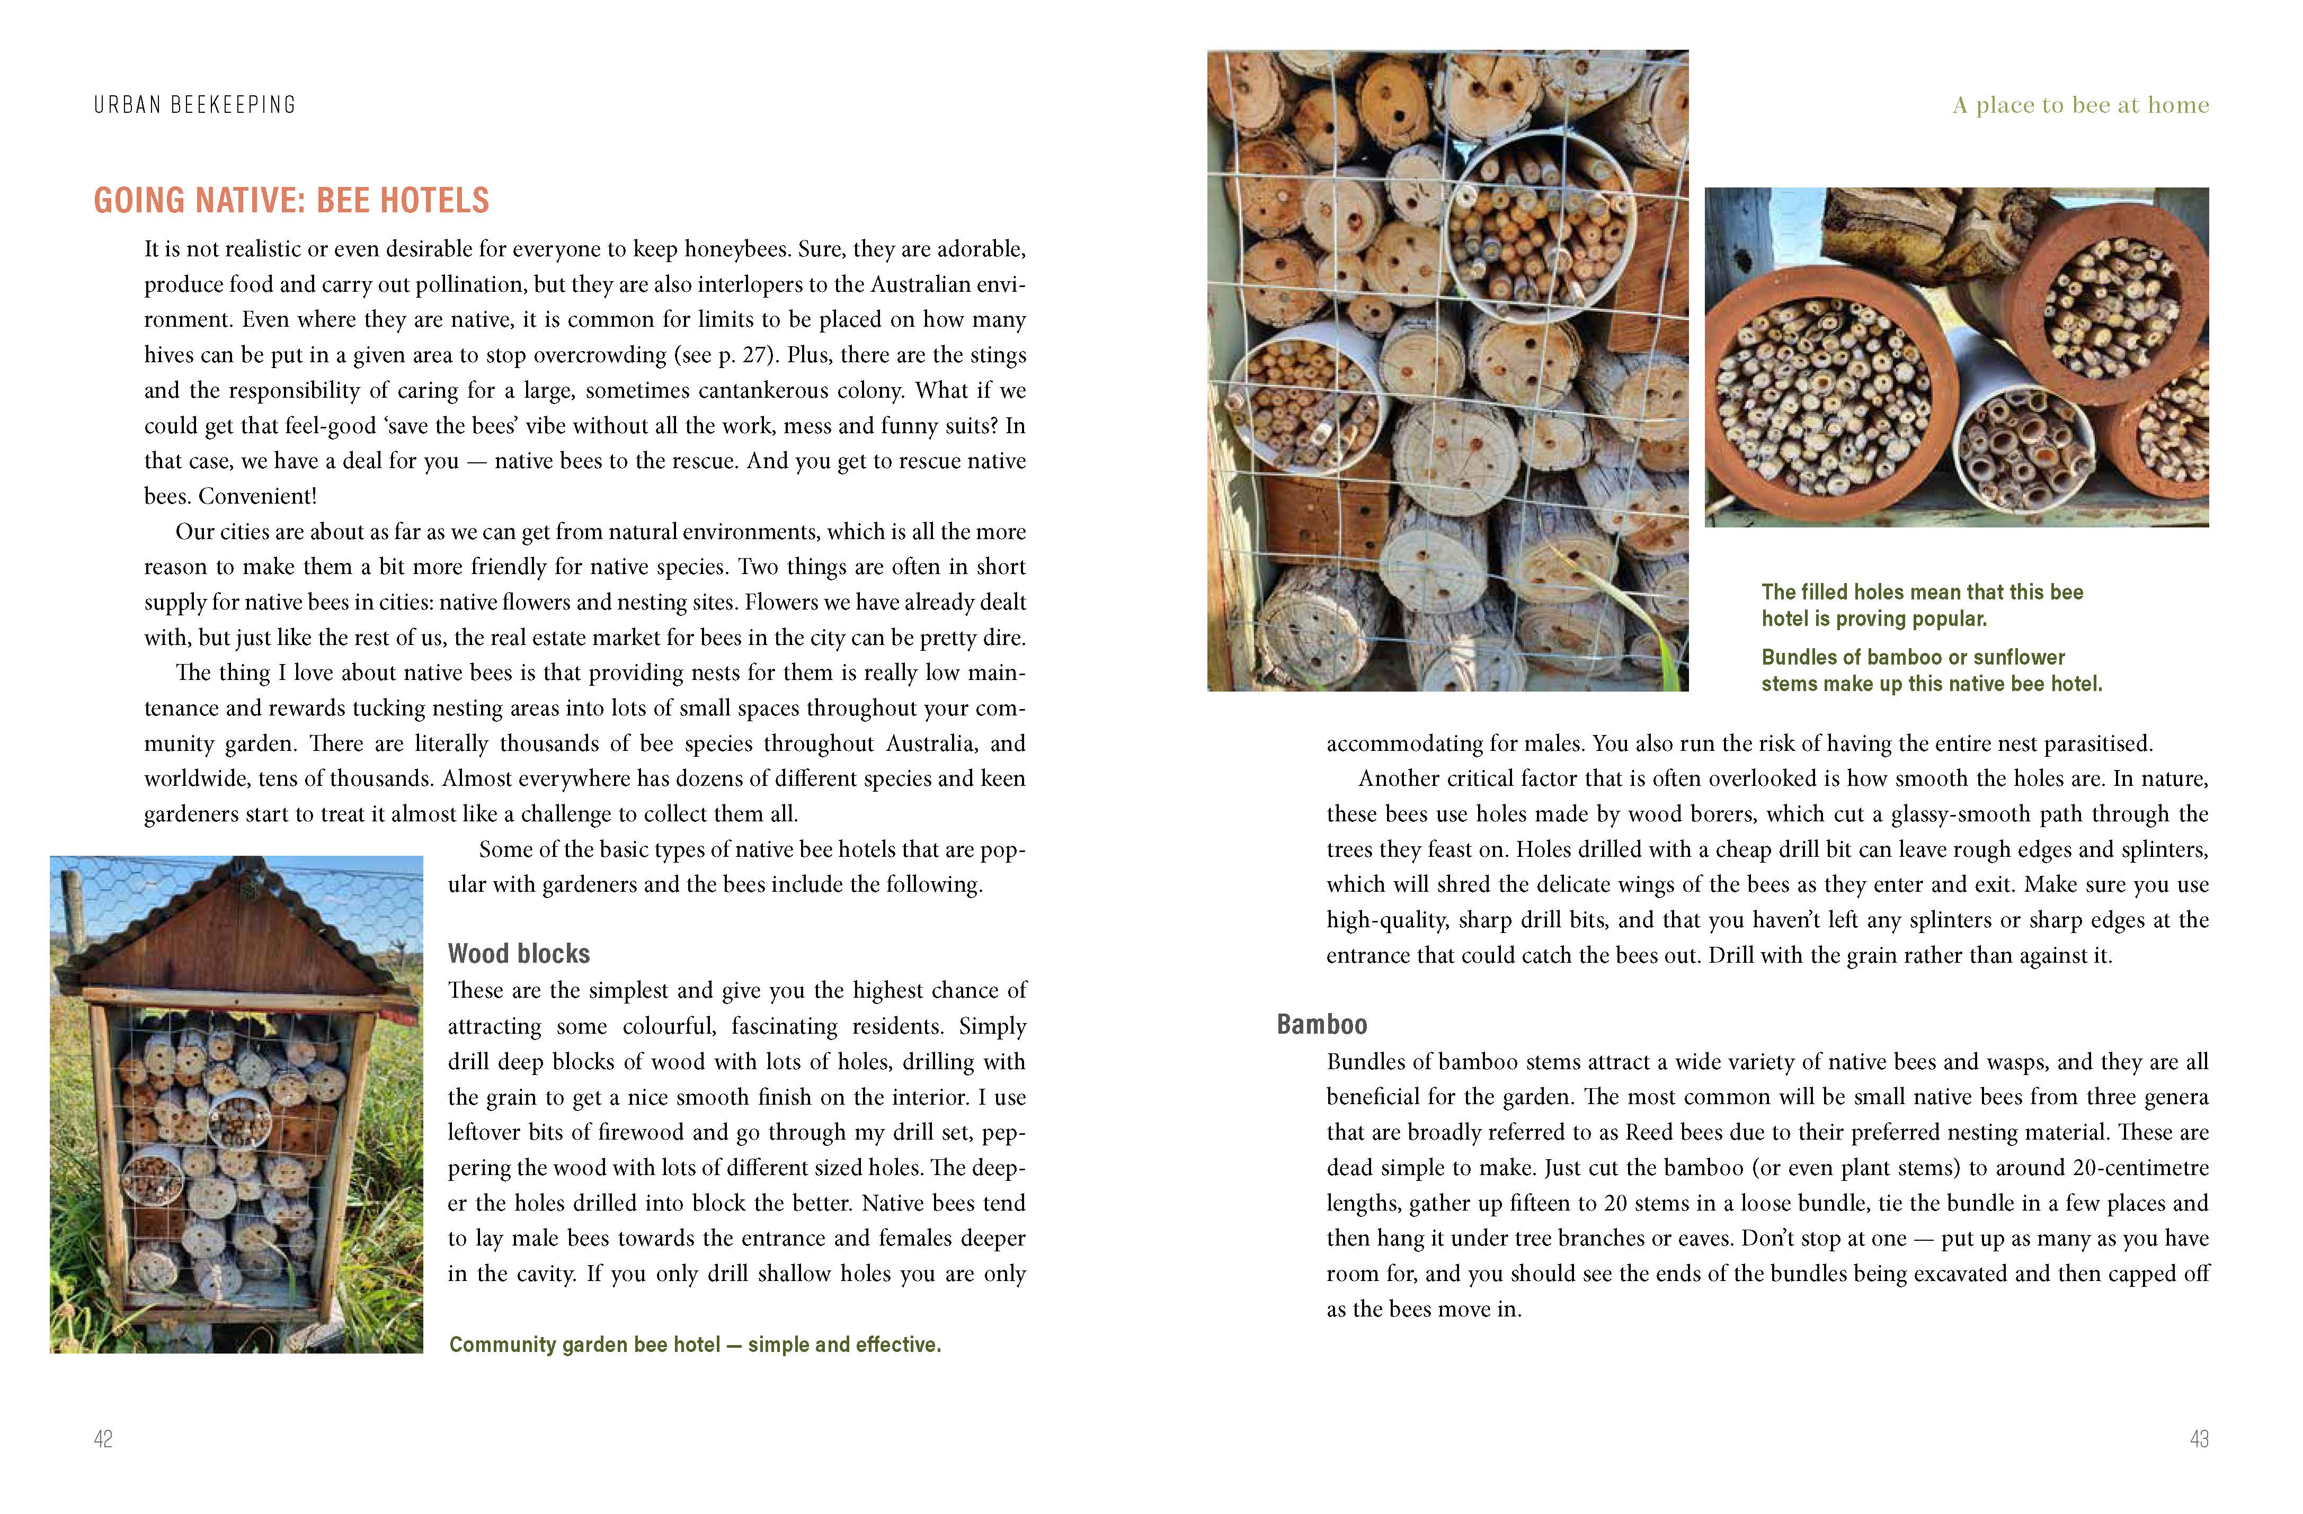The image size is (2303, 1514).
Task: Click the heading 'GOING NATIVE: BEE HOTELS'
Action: coord(291,200)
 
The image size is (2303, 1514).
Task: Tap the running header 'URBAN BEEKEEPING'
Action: coord(194,104)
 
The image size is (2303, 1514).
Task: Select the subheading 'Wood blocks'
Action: coord(519,954)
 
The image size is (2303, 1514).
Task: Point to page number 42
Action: coord(103,1439)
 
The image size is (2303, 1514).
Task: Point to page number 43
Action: coord(2199,1439)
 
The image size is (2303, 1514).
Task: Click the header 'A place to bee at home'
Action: coord(2080,104)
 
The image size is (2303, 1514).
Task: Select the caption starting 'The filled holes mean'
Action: coord(1922,605)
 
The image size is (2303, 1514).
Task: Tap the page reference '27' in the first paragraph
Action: coord(755,355)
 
